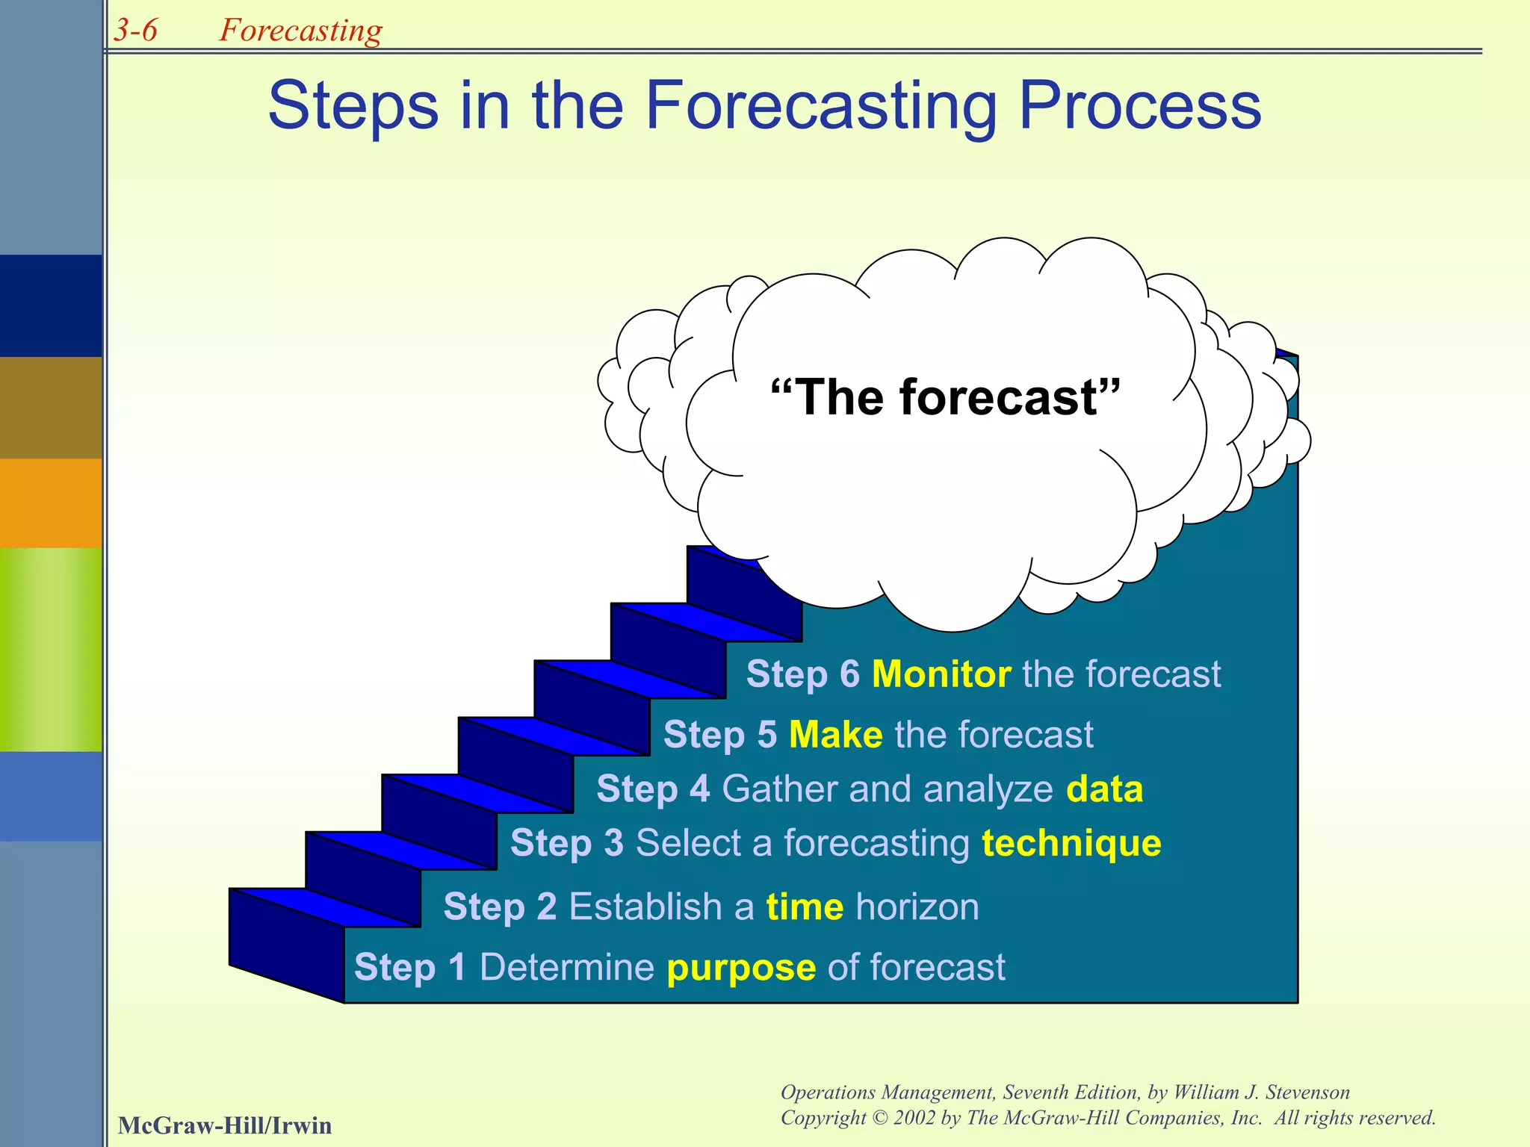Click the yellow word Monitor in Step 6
click(941, 674)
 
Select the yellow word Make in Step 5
click(835, 734)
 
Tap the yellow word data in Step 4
click(1104, 789)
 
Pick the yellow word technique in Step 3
click(1071, 844)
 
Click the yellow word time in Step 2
click(805, 907)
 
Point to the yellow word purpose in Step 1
click(741, 969)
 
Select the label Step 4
click(653, 789)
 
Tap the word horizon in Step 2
click(917, 907)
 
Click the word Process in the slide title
click(1139, 106)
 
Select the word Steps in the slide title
click(353, 106)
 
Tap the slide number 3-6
click(135, 31)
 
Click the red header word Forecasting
click(300, 31)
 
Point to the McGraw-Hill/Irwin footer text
click(224, 1125)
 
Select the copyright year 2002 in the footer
click(914, 1118)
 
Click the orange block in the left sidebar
click(51, 503)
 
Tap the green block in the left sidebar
click(51, 649)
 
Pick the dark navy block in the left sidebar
click(51, 305)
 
